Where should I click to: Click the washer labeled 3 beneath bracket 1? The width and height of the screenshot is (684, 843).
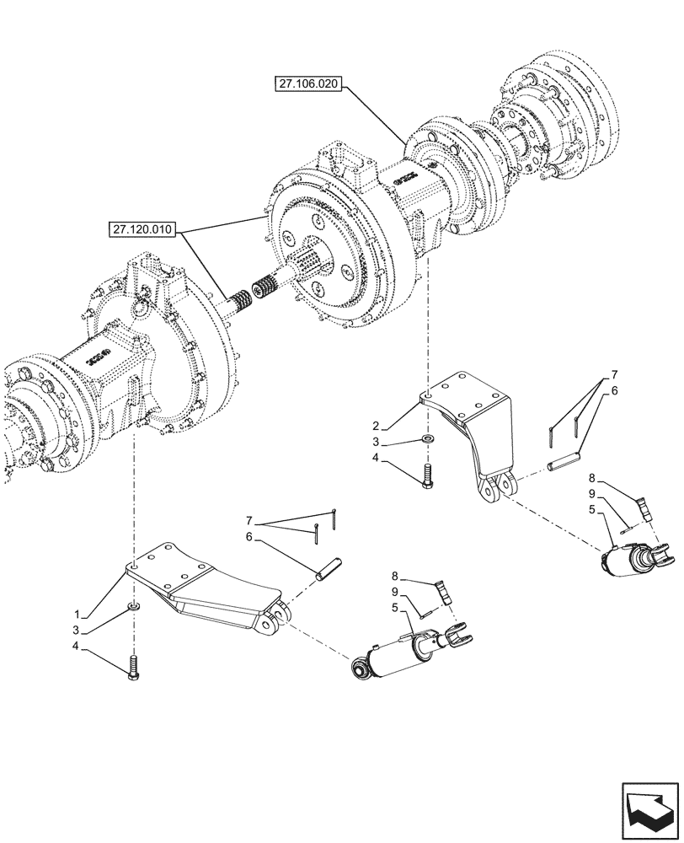(x=134, y=607)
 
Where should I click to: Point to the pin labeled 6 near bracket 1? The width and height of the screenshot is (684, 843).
(x=327, y=565)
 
